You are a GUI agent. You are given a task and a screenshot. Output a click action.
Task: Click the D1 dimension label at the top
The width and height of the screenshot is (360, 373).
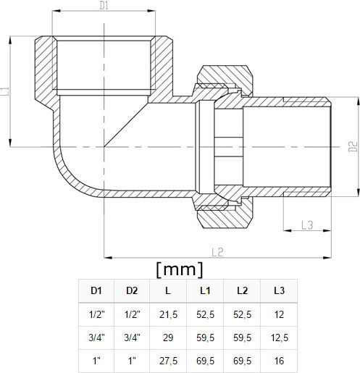click(104, 6)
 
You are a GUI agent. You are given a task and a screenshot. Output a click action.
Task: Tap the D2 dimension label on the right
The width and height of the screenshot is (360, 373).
click(353, 146)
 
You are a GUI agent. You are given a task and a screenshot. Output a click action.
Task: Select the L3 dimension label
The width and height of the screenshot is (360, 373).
click(307, 225)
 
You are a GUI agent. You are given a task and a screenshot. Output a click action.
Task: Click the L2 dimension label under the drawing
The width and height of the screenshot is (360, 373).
click(217, 252)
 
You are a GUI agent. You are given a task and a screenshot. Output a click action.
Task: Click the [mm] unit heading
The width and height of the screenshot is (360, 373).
click(180, 269)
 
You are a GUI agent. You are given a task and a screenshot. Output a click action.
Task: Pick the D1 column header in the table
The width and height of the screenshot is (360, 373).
click(96, 290)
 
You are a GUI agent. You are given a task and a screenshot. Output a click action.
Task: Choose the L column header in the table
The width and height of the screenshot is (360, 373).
click(168, 290)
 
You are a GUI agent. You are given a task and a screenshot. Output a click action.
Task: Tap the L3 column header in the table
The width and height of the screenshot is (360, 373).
click(279, 290)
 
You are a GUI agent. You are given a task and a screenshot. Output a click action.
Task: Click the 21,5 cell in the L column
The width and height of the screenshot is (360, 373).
click(168, 314)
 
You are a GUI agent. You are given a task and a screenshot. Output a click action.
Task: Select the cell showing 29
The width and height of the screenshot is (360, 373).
click(168, 338)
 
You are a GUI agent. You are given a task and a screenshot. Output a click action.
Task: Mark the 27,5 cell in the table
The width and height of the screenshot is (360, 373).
click(168, 361)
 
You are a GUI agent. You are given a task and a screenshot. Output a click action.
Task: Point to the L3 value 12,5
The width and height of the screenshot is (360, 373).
click(280, 338)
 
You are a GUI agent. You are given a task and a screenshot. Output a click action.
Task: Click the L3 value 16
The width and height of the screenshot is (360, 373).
click(279, 361)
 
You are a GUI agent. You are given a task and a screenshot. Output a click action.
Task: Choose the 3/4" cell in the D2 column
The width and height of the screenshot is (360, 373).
click(132, 338)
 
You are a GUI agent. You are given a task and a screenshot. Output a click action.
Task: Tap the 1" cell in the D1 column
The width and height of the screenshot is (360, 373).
click(96, 361)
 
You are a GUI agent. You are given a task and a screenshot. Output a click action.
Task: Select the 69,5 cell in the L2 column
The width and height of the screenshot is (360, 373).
click(242, 361)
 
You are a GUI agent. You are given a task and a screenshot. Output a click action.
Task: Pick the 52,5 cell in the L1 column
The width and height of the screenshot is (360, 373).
click(205, 314)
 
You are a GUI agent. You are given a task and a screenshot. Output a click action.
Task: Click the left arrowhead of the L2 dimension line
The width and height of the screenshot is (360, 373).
click(108, 258)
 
